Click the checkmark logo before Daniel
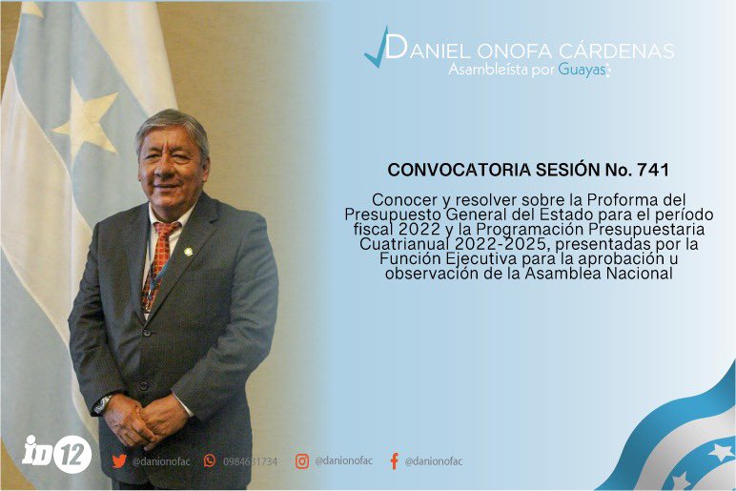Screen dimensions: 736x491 [x=377, y=48]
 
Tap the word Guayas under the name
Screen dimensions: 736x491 [x=583, y=70]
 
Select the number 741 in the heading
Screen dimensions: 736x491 [x=653, y=170]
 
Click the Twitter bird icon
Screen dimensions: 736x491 [x=119, y=460]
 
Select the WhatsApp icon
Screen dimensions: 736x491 [x=210, y=460]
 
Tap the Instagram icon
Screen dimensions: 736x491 [x=302, y=460]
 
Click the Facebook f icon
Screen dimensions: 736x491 [x=395, y=460]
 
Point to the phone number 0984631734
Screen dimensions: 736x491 [x=250, y=461]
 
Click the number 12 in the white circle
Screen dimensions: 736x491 [x=72, y=454]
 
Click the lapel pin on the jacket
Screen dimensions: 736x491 [x=188, y=252]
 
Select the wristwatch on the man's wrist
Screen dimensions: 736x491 [x=102, y=404]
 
